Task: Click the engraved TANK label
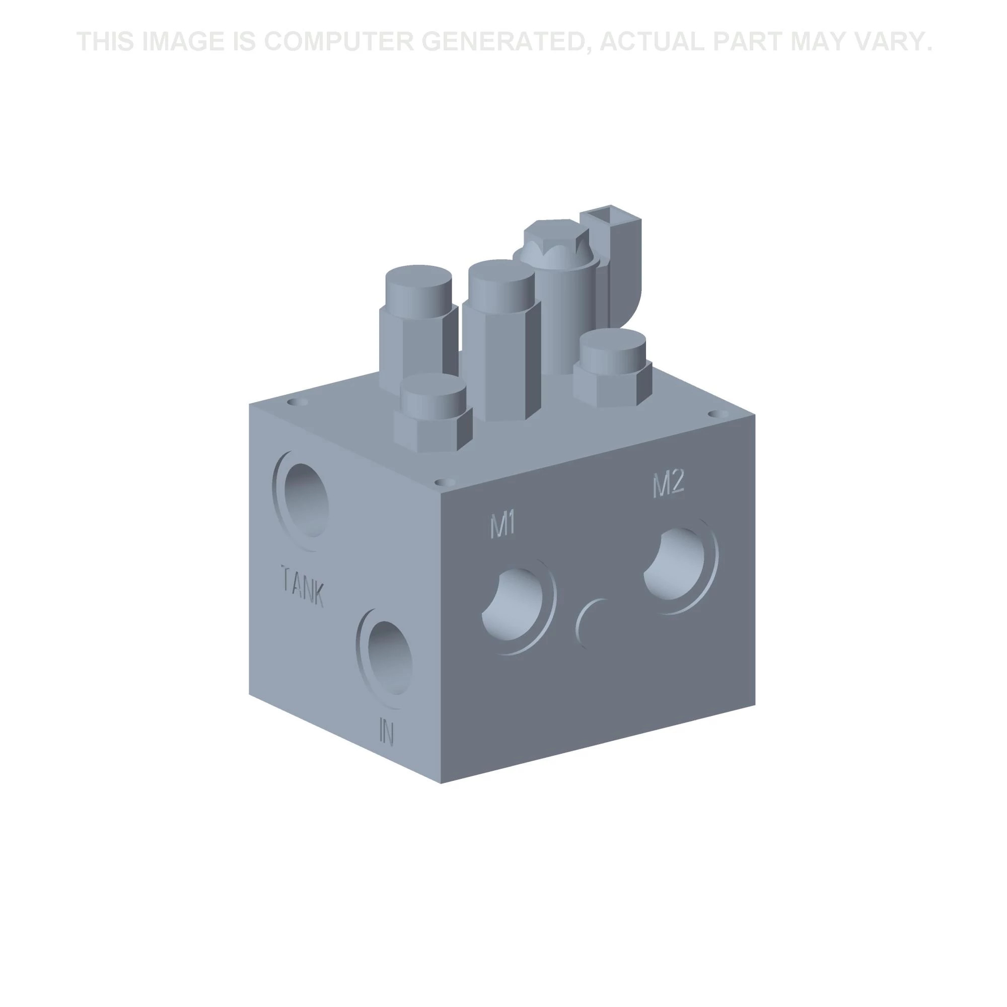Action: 302,586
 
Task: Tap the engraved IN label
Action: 386,731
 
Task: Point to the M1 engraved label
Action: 503,524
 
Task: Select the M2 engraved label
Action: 668,484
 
